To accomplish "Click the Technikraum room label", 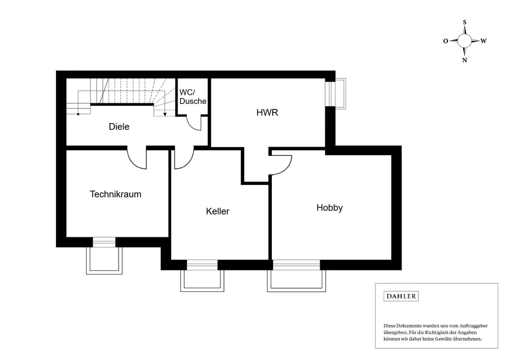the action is [116, 194].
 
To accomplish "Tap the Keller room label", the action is [217, 211].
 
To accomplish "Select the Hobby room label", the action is [329, 208].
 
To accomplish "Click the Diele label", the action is [119, 127].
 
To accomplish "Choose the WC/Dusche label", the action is [193, 97].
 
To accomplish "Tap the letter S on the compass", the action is [465, 22].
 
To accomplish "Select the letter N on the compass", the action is [465, 60].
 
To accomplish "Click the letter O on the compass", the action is [445, 41].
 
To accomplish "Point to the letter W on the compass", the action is [484, 41].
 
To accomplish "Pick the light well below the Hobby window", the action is [296, 280].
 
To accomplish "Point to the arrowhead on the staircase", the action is [164, 113].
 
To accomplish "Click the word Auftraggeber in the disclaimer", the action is [467, 325].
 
